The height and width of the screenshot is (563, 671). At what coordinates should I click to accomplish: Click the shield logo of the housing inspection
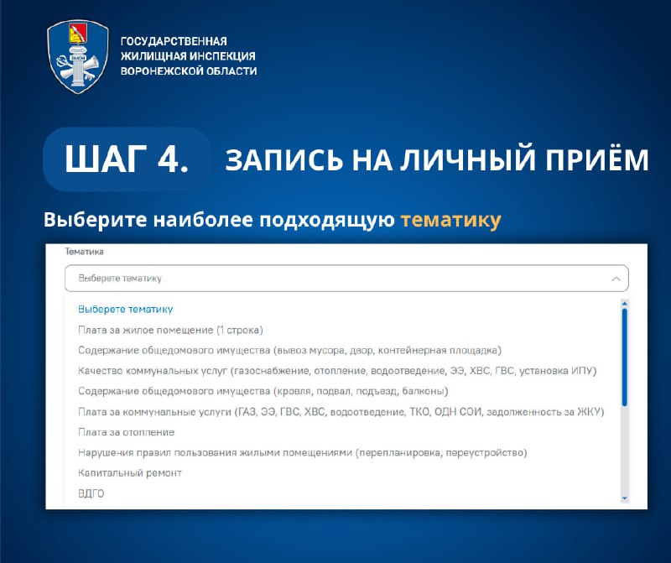coord(78,56)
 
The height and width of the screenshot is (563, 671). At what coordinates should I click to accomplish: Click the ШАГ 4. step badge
coord(127,159)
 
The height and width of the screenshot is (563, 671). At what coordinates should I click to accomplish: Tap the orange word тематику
coord(450,221)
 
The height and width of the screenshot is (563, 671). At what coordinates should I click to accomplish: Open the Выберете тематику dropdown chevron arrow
coord(616,279)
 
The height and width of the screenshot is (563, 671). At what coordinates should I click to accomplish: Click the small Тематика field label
coord(85,252)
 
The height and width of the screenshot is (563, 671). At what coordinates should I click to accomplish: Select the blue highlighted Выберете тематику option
coord(125,309)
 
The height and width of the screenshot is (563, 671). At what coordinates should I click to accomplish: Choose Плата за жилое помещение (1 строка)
coord(170,330)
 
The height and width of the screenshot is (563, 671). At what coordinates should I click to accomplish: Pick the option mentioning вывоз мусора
coord(289,350)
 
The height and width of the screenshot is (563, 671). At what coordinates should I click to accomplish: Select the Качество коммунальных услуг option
coord(337,371)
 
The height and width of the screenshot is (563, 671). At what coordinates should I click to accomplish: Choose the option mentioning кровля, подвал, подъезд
coord(263,391)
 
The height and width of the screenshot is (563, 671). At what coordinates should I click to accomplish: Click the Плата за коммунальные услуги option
coord(341,412)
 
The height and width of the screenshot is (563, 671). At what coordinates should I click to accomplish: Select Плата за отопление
coord(127,432)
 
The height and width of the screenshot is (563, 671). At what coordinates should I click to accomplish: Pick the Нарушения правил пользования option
coord(303,452)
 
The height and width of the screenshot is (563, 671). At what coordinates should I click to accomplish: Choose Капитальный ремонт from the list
coord(130,473)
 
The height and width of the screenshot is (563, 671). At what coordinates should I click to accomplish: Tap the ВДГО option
coord(91,493)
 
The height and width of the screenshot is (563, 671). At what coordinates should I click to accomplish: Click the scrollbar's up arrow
coord(624,304)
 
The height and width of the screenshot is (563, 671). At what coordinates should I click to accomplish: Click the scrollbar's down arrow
coord(624,498)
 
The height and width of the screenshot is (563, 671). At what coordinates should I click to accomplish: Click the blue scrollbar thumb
coord(624,357)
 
